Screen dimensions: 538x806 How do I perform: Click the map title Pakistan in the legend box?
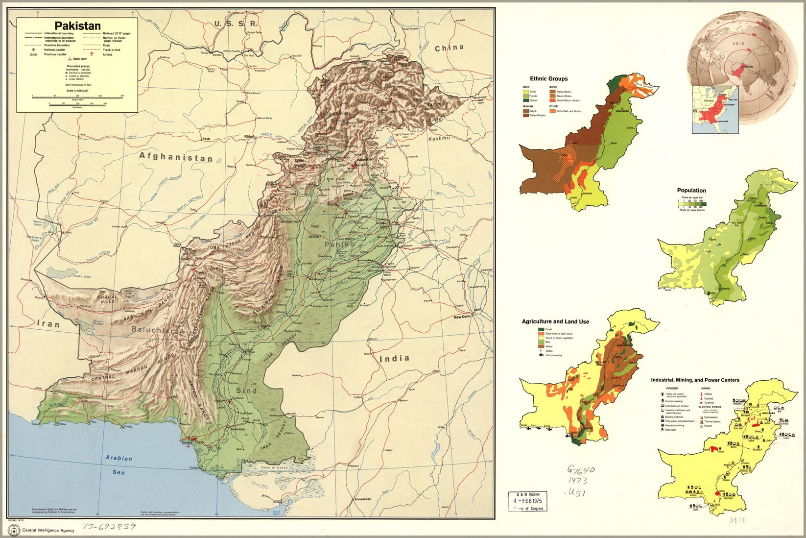[x=77, y=26]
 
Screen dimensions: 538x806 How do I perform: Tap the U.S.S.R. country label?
[x=236, y=24]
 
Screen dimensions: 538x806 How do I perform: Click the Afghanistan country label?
[x=176, y=157]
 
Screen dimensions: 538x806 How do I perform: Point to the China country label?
[x=449, y=48]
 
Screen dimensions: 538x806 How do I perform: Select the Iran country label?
[x=48, y=324]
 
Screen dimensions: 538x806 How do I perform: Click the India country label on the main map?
[x=394, y=358]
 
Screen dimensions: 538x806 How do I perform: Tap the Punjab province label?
[x=338, y=244]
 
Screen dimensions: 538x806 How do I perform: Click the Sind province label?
[x=246, y=391]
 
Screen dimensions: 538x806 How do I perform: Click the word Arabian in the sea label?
[x=119, y=458]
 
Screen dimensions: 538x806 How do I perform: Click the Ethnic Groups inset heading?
[x=548, y=78]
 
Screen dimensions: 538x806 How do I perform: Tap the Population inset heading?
[x=691, y=191]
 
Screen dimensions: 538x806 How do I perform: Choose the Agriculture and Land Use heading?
[x=555, y=322]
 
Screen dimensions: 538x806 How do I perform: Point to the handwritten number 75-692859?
[x=109, y=527]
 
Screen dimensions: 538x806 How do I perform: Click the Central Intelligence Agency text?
[x=49, y=530]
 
